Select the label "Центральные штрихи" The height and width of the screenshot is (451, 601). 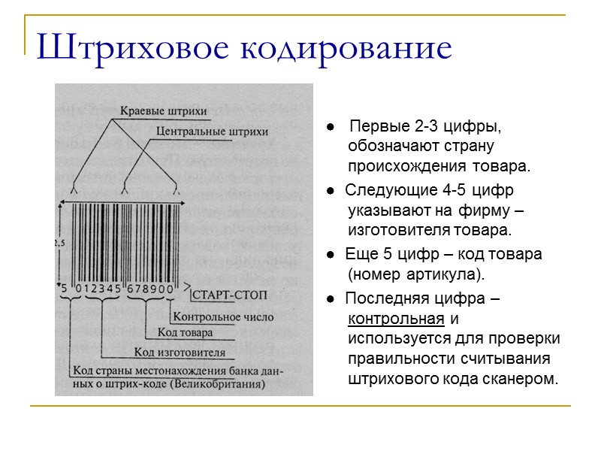[x=213, y=132]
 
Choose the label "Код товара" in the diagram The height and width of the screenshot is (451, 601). [x=185, y=331]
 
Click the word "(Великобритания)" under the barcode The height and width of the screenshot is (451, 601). [x=217, y=384]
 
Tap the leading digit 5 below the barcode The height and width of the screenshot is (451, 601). [x=65, y=287]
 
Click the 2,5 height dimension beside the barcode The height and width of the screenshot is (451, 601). [x=59, y=243]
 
